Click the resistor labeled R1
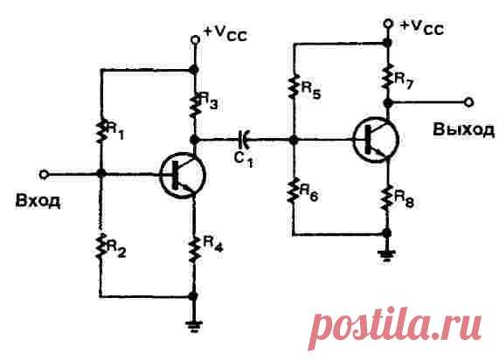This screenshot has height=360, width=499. (100, 131)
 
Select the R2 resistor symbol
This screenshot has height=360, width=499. (100, 246)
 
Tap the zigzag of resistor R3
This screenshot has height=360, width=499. (195, 104)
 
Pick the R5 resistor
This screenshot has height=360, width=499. (293, 86)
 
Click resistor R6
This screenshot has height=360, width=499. (293, 190)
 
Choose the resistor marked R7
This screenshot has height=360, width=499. (387, 76)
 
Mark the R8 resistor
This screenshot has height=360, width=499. (386, 197)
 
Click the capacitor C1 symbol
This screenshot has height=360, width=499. (244, 140)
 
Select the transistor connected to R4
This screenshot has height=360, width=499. (183, 176)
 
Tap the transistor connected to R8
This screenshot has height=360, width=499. (376, 140)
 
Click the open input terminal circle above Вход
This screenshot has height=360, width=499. (44, 175)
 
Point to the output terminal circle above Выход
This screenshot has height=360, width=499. (468, 102)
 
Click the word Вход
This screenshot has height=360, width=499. (38, 201)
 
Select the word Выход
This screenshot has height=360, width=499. (464, 130)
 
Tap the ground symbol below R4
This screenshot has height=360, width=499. (194, 327)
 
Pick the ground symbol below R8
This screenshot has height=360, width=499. (386, 256)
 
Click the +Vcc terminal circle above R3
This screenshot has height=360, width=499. (195, 40)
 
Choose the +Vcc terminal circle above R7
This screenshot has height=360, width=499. (388, 24)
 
